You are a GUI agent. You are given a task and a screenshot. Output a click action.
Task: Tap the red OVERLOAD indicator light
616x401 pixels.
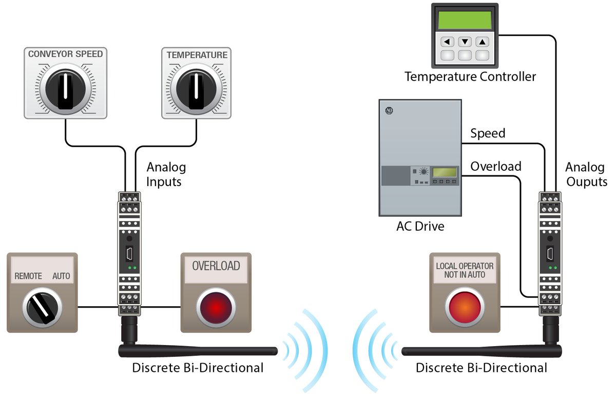(216, 308)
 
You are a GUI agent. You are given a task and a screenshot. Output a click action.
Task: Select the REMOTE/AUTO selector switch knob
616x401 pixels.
(42, 308)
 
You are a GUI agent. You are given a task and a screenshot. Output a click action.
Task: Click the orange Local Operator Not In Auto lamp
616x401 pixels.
(465, 308)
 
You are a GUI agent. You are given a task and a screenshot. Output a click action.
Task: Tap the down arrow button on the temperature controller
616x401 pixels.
(465, 42)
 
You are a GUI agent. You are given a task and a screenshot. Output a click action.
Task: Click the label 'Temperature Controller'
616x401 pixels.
(470, 77)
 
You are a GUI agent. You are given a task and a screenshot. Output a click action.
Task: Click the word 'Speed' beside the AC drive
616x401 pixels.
(488, 133)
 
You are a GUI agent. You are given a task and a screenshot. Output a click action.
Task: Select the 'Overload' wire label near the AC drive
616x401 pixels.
(495, 166)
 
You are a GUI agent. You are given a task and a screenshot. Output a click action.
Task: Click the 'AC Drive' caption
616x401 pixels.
(420, 226)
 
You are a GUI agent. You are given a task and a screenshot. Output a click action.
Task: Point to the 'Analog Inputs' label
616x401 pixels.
(166, 174)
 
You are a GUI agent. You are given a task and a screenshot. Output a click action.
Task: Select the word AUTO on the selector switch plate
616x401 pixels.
(61, 276)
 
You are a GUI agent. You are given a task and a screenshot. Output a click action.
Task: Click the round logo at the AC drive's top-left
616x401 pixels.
(389, 110)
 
